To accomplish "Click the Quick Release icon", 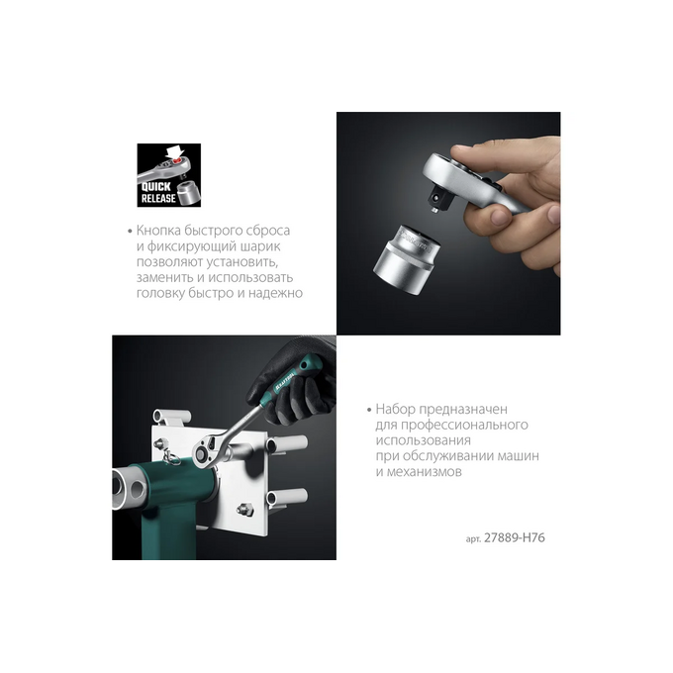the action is point(168,175).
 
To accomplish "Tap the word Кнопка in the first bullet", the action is point(158,231).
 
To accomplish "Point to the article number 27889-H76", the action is point(515,537).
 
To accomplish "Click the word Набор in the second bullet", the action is point(395,409).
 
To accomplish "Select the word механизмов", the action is point(424,472).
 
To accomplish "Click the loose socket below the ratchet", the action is point(406,259).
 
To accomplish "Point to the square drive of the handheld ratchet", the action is point(440,201).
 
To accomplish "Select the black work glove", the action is point(296,382).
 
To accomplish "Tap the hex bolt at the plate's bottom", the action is point(244,510).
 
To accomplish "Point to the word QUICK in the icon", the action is point(156,187).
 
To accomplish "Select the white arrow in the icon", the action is point(175,152).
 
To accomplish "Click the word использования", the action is point(424,440).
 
